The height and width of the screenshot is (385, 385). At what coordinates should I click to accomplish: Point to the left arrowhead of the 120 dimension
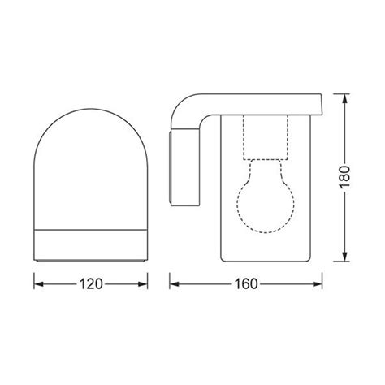coord(37,284)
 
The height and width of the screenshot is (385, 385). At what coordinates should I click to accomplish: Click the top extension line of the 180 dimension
coord(335,94)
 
